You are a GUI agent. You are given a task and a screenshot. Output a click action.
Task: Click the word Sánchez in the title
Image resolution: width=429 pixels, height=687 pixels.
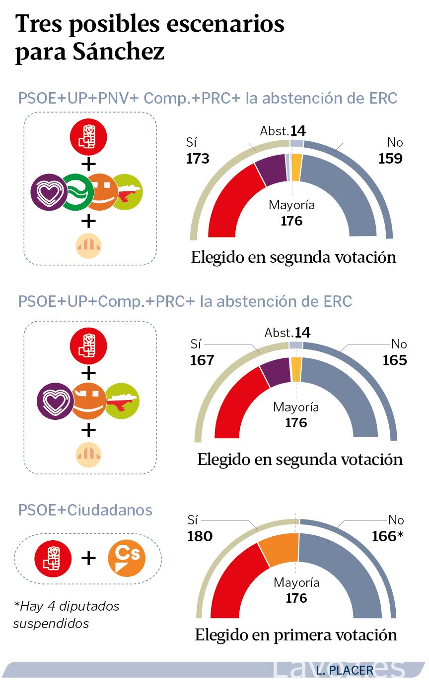(x=119, y=51)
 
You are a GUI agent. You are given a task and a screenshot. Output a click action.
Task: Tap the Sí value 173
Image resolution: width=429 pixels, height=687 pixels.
(x=198, y=159)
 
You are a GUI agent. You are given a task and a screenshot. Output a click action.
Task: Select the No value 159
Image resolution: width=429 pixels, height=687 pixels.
(x=390, y=159)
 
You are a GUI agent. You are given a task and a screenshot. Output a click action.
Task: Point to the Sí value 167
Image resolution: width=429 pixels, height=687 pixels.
(x=202, y=360)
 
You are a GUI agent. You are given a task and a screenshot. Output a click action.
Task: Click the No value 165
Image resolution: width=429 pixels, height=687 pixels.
(x=395, y=360)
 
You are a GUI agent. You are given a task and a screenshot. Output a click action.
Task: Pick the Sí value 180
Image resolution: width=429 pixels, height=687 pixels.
(x=200, y=536)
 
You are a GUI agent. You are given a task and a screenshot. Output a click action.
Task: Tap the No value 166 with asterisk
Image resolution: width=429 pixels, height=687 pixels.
(x=387, y=536)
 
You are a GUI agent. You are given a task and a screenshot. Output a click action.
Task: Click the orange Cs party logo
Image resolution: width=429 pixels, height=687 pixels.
(x=127, y=558)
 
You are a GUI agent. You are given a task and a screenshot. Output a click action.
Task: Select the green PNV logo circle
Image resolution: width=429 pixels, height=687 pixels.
(x=76, y=192)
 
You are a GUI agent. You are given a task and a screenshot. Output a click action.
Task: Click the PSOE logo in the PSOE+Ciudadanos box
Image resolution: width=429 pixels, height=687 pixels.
(x=53, y=559)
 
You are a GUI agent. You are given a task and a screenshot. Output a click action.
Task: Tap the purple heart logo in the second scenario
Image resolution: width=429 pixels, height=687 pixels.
(x=55, y=401)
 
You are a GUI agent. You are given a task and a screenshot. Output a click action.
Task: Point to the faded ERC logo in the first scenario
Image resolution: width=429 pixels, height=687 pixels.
(x=88, y=246)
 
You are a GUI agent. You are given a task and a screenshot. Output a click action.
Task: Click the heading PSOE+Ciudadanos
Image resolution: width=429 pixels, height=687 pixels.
(x=85, y=511)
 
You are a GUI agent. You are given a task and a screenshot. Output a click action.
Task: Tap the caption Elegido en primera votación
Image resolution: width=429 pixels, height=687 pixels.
(x=296, y=635)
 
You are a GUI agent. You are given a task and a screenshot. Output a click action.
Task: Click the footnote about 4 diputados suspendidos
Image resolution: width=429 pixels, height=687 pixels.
(x=67, y=615)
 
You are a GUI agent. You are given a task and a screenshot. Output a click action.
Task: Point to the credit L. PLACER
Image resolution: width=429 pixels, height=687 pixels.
(x=345, y=671)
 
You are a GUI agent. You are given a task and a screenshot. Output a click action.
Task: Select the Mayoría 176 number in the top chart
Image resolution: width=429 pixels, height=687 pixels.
(x=291, y=221)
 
